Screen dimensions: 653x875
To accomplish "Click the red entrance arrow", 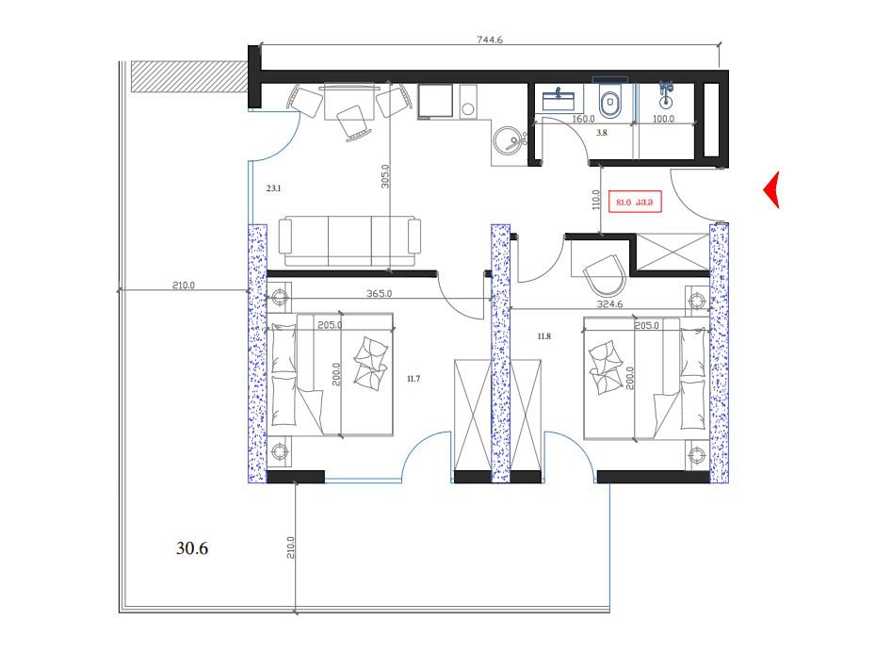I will click(771, 190).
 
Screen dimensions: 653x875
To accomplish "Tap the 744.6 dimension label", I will click(492, 40).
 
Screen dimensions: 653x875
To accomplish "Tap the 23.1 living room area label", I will click(274, 188).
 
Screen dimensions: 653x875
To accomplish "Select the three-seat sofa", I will click(349, 241).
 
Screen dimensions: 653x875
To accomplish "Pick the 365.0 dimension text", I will click(379, 294).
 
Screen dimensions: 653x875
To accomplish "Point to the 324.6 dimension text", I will click(609, 304).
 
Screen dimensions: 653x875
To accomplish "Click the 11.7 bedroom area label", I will click(413, 379).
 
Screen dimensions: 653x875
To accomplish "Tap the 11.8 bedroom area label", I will click(543, 336).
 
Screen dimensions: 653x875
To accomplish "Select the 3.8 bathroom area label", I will click(602, 133).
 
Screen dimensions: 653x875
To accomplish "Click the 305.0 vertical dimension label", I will click(385, 178).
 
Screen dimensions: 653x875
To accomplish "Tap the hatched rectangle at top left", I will click(188, 76).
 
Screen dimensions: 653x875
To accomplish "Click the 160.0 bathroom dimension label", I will click(584, 120).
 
